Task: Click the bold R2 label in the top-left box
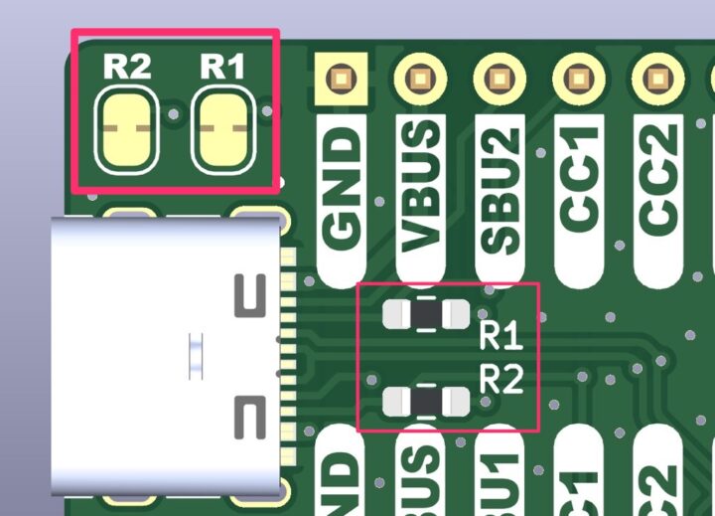(127, 67)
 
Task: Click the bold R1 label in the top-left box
(222, 67)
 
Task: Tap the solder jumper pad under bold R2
(127, 130)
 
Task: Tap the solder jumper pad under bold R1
(222, 130)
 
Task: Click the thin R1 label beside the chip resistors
(500, 335)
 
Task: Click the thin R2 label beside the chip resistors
(500, 379)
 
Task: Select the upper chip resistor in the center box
(426, 315)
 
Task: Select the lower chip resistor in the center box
(426, 401)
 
